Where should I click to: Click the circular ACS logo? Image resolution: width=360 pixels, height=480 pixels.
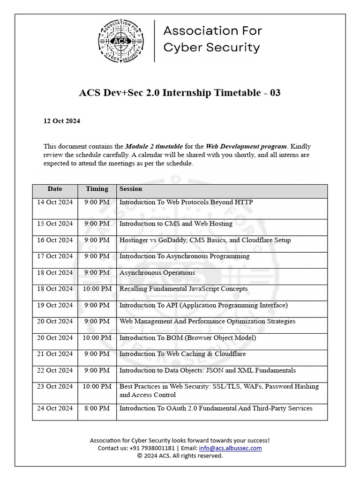(x=120, y=41)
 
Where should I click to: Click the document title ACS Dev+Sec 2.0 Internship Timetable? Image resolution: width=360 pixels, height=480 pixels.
(x=180, y=92)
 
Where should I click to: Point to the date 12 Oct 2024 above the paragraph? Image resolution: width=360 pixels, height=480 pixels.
(x=62, y=121)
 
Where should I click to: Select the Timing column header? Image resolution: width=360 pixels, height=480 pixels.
(x=97, y=189)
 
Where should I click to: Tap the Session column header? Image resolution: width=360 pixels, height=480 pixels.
(x=131, y=189)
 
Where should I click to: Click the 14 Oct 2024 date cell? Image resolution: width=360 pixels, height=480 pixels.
(x=55, y=202)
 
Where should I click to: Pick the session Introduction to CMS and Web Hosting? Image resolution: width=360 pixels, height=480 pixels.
(x=176, y=224)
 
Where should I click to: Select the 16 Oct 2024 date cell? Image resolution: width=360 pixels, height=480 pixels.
(x=55, y=240)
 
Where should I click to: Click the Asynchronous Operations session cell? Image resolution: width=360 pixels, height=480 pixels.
(x=157, y=273)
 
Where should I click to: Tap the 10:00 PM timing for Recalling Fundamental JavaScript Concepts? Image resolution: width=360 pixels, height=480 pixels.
(x=97, y=289)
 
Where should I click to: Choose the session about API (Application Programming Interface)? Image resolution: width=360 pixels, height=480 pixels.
(x=203, y=305)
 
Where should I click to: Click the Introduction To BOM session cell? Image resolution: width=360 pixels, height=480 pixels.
(x=187, y=338)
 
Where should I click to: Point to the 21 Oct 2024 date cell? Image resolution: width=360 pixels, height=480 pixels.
(x=55, y=354)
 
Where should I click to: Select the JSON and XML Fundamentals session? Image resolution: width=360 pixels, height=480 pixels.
(x=207, y=370)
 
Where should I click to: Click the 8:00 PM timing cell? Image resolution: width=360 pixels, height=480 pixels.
(x=97, y=408)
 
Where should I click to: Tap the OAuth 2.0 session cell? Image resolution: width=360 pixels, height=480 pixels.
(x=216, y=408)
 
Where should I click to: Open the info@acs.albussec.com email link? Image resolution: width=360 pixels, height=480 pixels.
(x=230, y=448)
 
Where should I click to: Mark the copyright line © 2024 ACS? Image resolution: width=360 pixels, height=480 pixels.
(x=180, y=456)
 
